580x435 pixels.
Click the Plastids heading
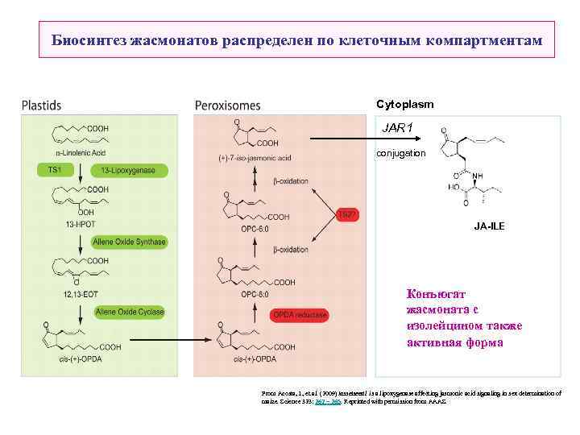click(41, 105)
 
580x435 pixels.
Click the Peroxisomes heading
click(228, 105)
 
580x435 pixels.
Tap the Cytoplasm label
click(405, 104)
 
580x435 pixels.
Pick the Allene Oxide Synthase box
click(129, 241)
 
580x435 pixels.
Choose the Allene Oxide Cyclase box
click(129, 311)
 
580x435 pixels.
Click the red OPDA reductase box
click(300, 315)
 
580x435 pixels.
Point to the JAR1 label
click(397, 127)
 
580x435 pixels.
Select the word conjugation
click(401, 153)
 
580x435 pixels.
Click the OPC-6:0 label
click(255, 229)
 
